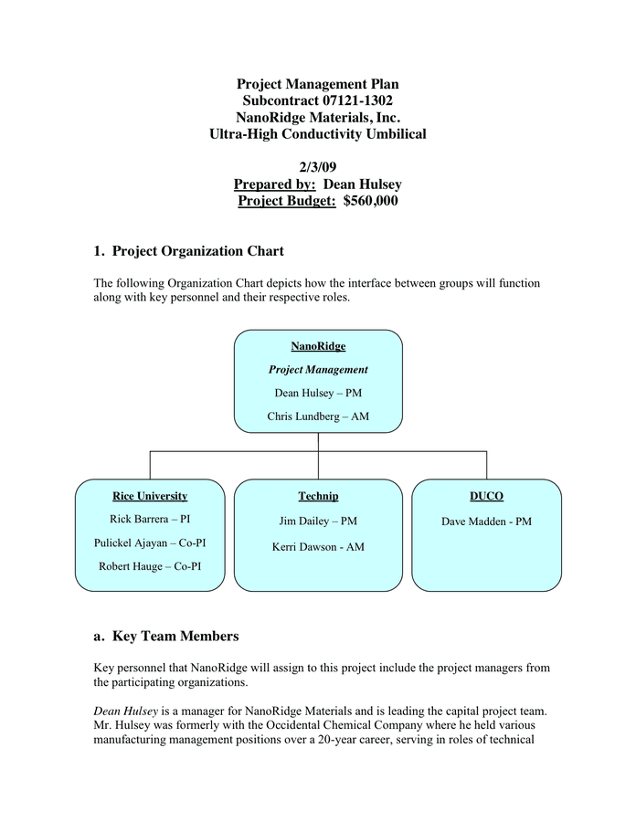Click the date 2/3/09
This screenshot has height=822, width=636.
click(317, 167)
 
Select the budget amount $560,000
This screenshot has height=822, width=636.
click(370, 201)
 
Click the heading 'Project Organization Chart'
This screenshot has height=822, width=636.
click(197, 251)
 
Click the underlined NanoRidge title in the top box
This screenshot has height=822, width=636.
click(318, 346)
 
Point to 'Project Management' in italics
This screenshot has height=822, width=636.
click(318, 370)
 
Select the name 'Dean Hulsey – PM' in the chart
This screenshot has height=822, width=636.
click(318, 393)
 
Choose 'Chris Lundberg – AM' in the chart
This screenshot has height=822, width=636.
click(318, 416)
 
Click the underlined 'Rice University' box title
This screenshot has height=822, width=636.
click(150, 496)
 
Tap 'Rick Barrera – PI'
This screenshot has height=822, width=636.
click(150, 519)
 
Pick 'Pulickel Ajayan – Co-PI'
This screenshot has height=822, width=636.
click(150, 543)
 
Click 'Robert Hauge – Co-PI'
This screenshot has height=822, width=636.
click(150, 566)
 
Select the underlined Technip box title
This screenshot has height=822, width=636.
click(318, 496)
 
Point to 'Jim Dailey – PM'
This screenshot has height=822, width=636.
click(318, 521)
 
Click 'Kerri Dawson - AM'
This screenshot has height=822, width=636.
click(318, 547)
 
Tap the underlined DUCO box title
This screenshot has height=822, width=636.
click(486, 496)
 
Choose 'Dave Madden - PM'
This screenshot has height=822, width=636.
click(486, 522)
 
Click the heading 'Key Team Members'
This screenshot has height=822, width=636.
click(175, 636)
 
